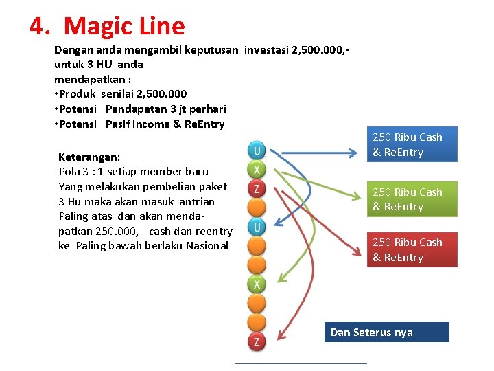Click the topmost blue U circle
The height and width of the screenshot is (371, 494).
point(257,150)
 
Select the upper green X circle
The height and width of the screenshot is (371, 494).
point(257,170)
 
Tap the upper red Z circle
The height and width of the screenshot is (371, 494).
point(257,188)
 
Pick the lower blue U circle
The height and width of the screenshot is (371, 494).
point(257,227)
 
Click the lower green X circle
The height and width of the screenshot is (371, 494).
point(257,284)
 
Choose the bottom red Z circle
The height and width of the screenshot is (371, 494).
point(257,341)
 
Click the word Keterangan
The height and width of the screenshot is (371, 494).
point(89,157)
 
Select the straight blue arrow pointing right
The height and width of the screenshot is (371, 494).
point(316,146)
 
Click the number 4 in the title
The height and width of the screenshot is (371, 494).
point(38,27)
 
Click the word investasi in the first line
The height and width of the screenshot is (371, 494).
point(266,49)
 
